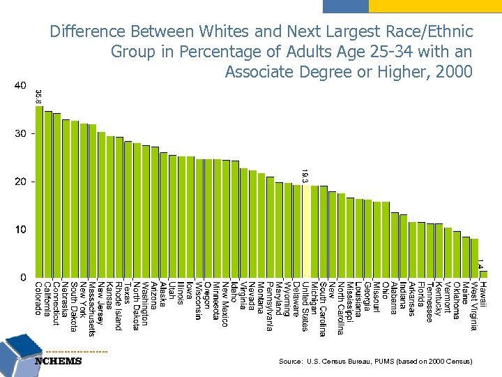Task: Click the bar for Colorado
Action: pyautogui.click(x=39, y=191)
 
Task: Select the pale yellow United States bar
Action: pyautogui.click(x=305, y=231)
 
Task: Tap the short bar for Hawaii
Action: pyautogui.click(x=484, y=274)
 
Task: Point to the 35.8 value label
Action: pyautogui.click(x=39, y=96)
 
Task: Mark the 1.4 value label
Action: pyautogui.click(x=480, y=264)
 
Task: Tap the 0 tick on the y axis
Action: pyautogui.click(x=23, y=277)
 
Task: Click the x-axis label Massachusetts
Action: pyautogui.click(x=92, y=308)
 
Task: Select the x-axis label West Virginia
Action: pyautogui.click(x=474, y=306)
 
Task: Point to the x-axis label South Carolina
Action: pyautogui.click(x=323, y=308)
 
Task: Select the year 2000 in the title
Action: pyautogui.click(x=455, y=71)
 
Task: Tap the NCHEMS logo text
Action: pyautogui.click(x=58, y=361)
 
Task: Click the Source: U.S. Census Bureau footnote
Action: pyautogui.click(x=375, y=362)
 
